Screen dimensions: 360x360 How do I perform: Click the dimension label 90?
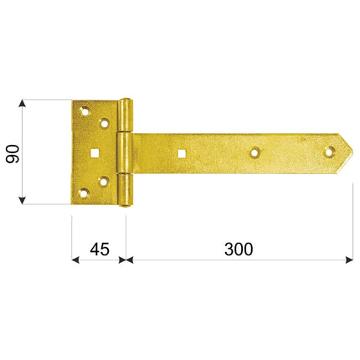pos(13,154)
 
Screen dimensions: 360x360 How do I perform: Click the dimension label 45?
pos(100,249)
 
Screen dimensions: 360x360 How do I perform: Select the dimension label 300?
pos(239,249)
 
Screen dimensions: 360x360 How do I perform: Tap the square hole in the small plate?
pos(95,153)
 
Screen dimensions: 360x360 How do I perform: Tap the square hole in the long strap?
pos(182,153)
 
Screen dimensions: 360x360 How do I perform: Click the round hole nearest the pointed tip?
pos(330,152)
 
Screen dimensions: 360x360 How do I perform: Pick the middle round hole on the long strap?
pos(255,152)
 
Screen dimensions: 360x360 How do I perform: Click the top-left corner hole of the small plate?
pos(85,111)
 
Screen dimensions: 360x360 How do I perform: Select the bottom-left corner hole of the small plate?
pos(84,193)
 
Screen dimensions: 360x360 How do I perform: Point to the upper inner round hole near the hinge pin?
pos(105,123)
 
